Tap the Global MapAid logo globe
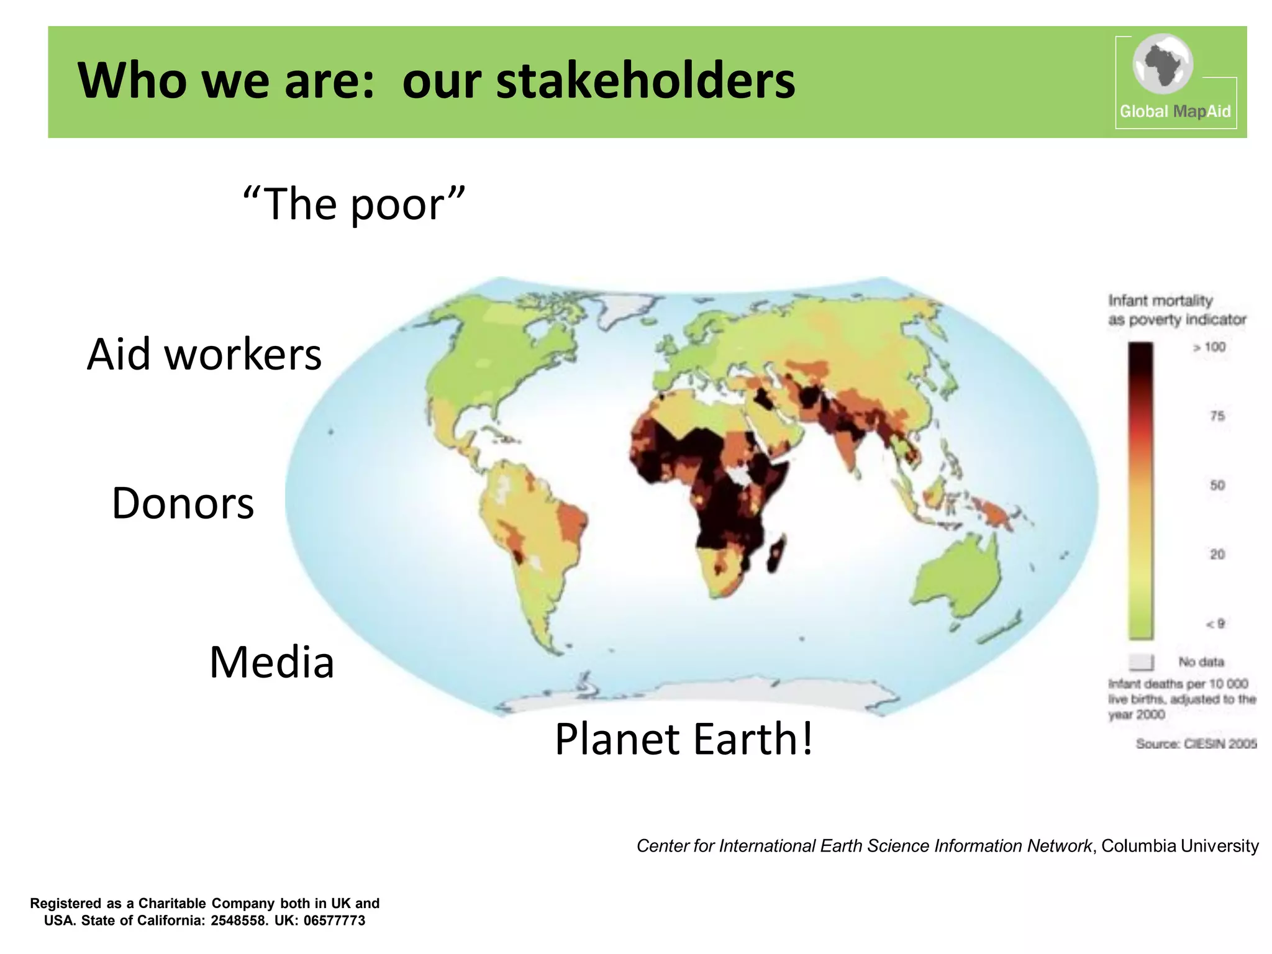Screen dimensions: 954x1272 click(1162, 64)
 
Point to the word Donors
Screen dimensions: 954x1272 click(183, 503)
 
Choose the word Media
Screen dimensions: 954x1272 click(271, 662)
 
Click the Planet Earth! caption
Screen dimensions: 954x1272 click(683, 739)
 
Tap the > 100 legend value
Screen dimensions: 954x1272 click(1209, 347)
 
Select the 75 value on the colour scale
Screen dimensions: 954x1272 click(1217, 416)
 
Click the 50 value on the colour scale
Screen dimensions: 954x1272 click(1217, 485)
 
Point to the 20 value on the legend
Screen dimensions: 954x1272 click(1217, 554)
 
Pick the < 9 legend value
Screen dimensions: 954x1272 click(1214, 624)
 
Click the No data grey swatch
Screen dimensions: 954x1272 click(1140, 662)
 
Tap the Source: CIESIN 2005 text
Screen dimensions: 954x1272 click(1196, 743)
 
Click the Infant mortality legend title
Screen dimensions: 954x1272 click(1160, 301)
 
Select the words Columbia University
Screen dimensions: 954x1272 click(1179, 846)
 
